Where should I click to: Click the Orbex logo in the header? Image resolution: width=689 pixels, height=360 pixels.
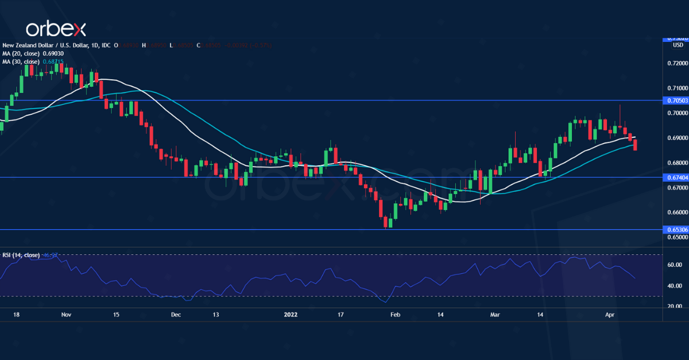pos(56,28)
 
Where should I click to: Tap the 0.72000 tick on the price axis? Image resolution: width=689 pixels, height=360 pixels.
pos(677,63)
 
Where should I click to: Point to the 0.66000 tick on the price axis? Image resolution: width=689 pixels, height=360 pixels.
pos(677,212)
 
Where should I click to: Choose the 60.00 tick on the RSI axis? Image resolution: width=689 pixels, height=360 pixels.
pos(675,265)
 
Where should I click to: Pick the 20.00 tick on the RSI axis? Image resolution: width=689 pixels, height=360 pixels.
pos(675,307)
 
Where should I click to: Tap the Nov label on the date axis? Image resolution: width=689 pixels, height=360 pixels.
pos(65,315)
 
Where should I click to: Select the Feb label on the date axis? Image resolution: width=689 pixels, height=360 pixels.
pos(395,315)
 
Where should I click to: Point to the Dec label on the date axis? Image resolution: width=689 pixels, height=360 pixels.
pos(176,315)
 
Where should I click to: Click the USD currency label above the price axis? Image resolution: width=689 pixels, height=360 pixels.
pos(678,45)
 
